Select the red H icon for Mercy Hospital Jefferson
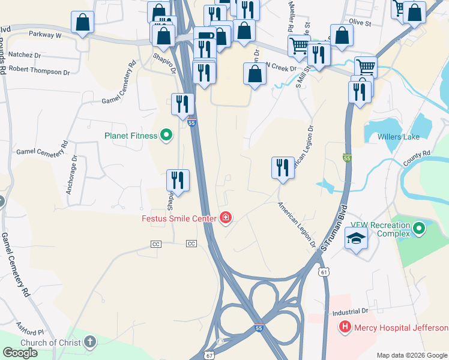[x=345, y=328]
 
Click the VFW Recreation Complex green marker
[x=418, y=229]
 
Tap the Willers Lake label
[x=399, y=137]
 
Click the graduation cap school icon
[x=357, y=238]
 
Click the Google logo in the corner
[x=20, y=353]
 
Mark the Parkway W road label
[x=45, y=35]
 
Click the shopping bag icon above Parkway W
[x=83, y=22]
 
